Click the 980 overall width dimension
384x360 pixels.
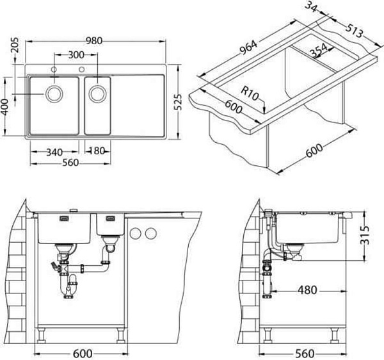click(94, 41)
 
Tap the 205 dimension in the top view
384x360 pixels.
click(15, 45)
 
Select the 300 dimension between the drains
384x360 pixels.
click(76, 55)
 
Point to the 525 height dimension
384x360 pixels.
click(179, 102)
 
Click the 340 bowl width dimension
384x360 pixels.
click(54, 152)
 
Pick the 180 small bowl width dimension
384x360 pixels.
click(97, 151)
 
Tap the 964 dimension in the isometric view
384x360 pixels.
click(248, 47)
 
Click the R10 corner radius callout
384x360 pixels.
click(250, 94)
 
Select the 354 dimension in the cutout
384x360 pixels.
click(319, 51)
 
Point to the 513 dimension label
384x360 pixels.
click(354, 30)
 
